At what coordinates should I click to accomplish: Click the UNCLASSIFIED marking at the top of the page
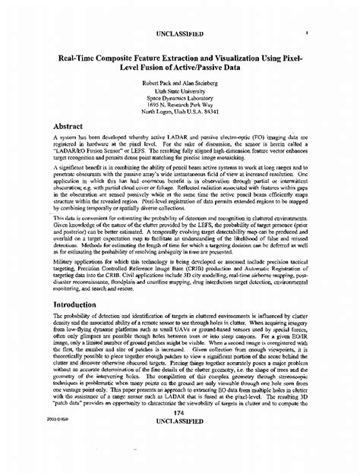pyautogui.click(x=180, y=34)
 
